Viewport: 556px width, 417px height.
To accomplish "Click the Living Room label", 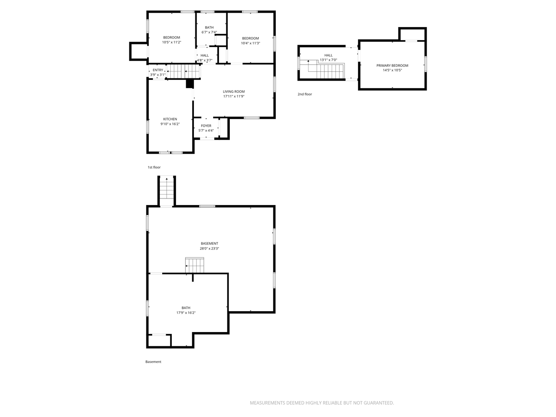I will coord(234,92).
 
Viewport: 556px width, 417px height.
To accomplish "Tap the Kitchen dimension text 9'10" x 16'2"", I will coord(170,124).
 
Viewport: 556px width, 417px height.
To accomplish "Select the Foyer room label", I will coord(206,126).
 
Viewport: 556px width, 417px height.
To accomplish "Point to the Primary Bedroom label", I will coord(392,66).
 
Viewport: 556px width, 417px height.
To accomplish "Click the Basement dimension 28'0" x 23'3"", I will coord(209,249).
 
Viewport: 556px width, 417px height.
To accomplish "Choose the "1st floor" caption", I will coord(154,167).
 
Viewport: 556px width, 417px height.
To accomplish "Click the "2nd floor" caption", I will coord(305,94).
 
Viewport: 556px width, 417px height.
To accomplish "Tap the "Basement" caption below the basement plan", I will coord(153,362).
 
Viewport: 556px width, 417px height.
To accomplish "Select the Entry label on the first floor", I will coord(158,70).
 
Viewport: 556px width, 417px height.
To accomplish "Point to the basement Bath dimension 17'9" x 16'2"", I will coord(186,313).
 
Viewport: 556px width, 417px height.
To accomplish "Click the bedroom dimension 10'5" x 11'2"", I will coord(171,42).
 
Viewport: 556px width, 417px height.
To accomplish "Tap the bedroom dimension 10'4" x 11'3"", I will coord(250,43).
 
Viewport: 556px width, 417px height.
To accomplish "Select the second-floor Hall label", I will coord(328,55).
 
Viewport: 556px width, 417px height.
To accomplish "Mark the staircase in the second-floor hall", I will coord(326,71).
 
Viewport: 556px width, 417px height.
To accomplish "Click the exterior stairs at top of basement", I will coord(167,190).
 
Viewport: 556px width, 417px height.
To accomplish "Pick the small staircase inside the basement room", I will coord(195,265).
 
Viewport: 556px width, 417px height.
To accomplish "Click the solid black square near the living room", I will coord(190,84).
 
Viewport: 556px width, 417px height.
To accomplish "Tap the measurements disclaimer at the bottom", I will coord(322,403).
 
